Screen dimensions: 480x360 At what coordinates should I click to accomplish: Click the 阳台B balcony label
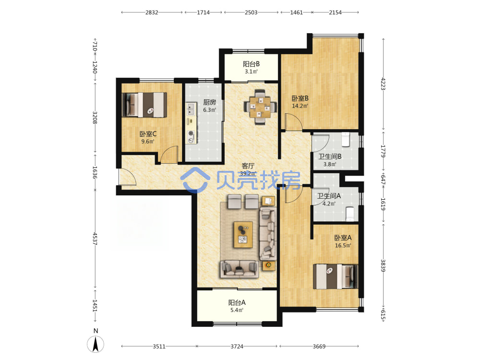click(251, 64)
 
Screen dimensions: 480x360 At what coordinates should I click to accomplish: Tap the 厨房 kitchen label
click(209, 102)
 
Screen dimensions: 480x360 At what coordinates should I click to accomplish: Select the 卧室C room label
click(148, 134)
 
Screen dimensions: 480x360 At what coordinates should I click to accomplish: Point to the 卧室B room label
click(300, 98)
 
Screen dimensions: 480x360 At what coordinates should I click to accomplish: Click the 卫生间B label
click(330, 156)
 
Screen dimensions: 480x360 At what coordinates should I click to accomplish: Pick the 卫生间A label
click(329, 196)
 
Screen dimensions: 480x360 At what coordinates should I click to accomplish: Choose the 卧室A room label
click(343, 238)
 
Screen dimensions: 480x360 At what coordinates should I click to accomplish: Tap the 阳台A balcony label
click(237, 302)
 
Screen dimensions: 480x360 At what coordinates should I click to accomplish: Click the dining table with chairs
click(260, 107)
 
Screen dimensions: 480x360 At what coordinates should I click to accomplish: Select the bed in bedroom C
click(144, 105)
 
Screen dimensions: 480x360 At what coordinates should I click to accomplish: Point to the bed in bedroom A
click(335, 277)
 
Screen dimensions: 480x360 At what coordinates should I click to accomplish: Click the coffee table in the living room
click(243, 235)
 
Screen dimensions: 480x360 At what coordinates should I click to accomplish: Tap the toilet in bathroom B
click(346, 139)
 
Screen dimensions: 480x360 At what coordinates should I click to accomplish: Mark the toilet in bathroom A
click(349, 214)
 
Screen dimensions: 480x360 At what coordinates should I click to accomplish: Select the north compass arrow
click(96, 344)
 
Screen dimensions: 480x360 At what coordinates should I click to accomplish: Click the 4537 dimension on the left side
click(95, 239)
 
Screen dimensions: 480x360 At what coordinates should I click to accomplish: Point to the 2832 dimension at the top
click(152, 12)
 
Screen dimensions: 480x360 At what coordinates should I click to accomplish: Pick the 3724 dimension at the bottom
click(237, 347)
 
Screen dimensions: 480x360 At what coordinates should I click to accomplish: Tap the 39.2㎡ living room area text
click(248, 173)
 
